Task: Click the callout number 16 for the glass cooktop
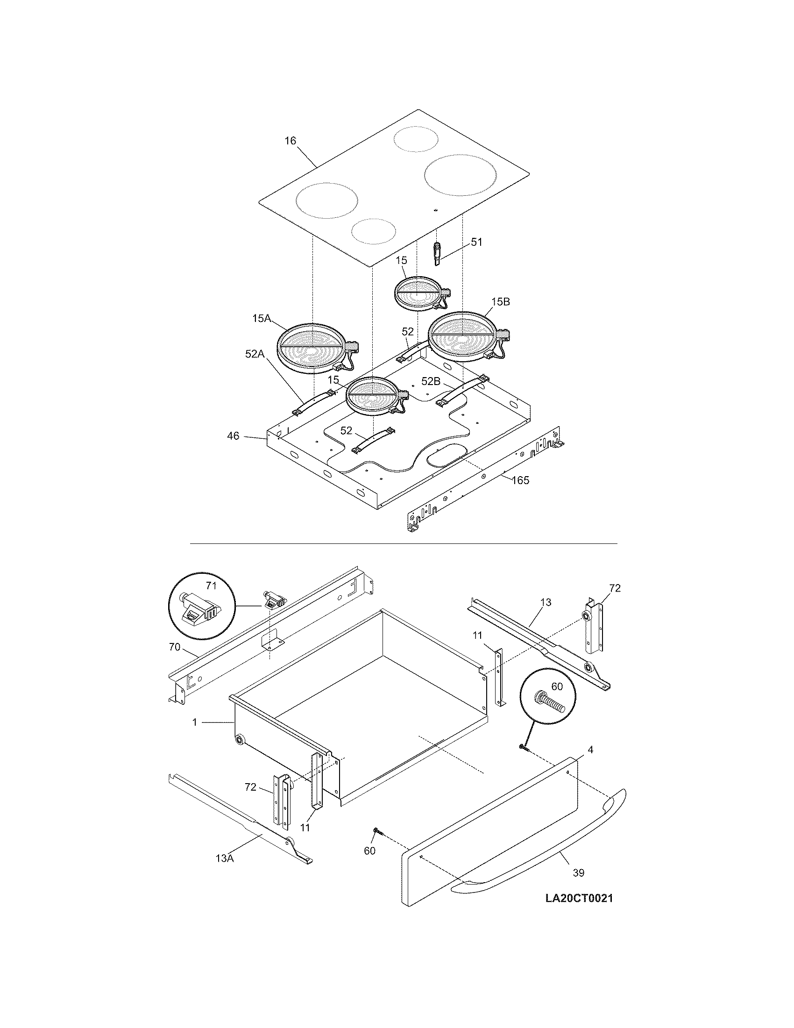(x=290, y=141)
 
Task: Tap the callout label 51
(x=476, y=242)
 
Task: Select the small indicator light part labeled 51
(x=438, y=254)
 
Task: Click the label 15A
(x=261, y=319)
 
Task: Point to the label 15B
(x=501, y=302)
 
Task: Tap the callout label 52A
(x=255, y=354)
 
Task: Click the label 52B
(x=431, y=382)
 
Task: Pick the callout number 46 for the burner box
(x=234, y=436)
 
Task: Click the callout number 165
(x=520, y=480)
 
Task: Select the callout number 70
(x=175, y=647)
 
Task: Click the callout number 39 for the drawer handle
(x=579, y=873)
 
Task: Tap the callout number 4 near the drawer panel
(x=590, y=750)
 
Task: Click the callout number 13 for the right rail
(x=546, y=602)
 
